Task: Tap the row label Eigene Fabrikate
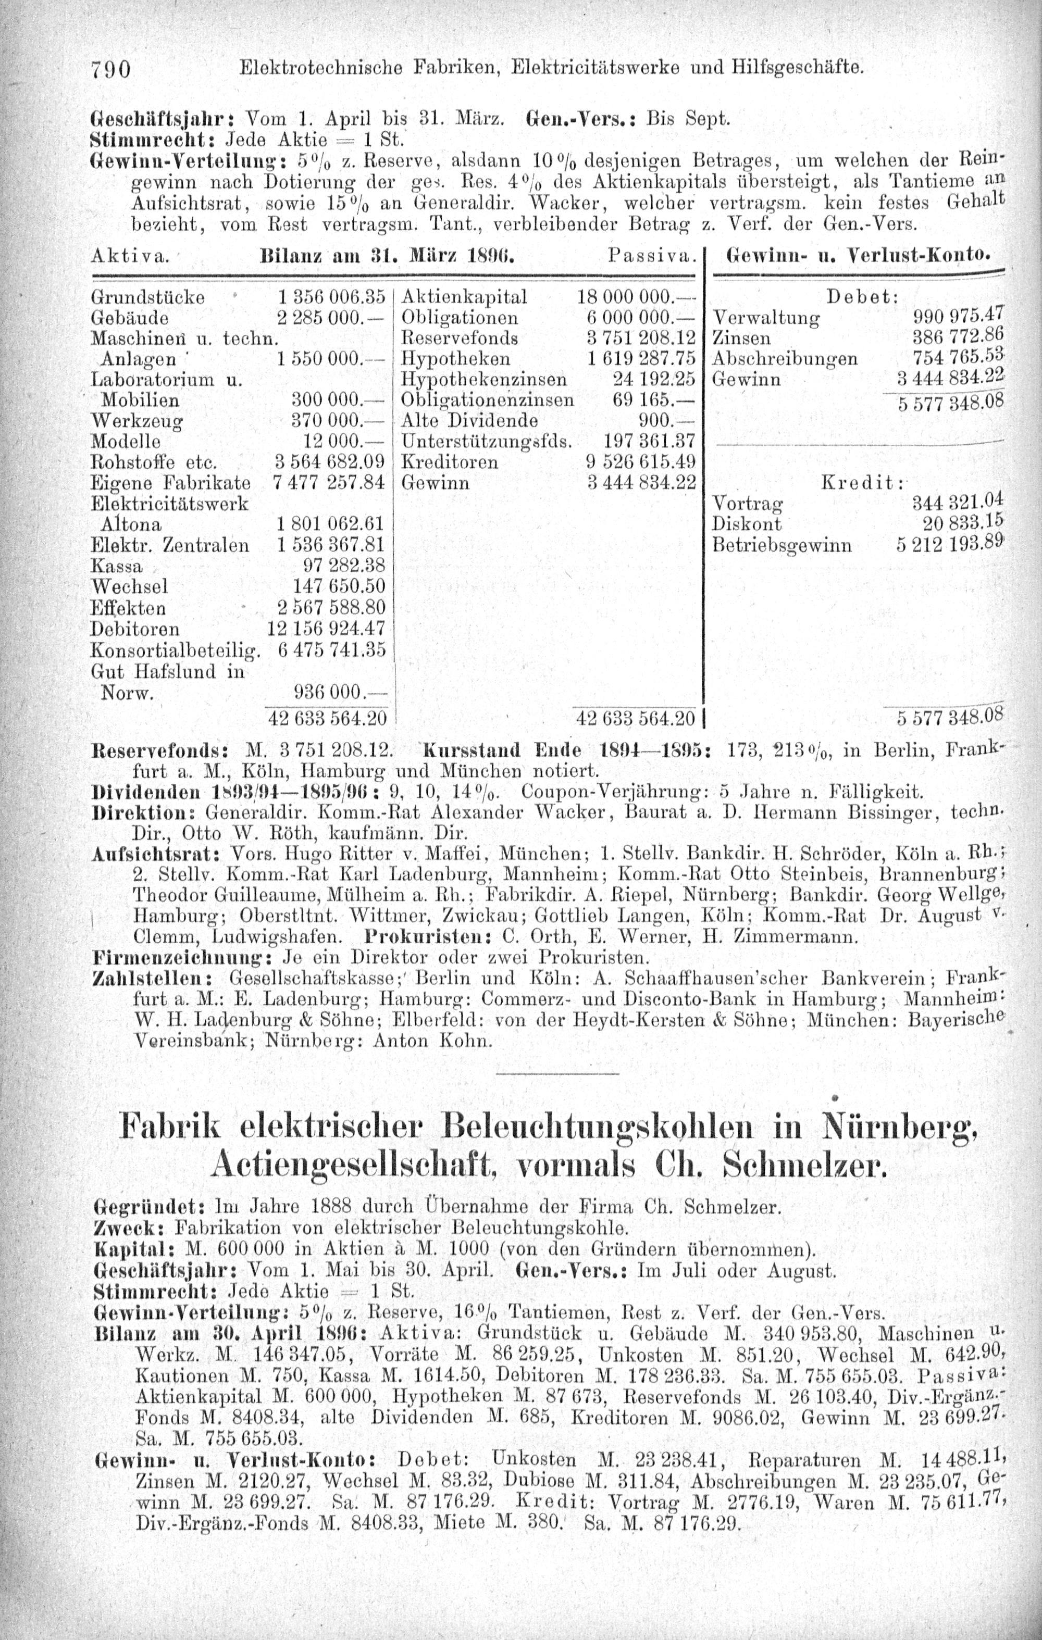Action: [x=170, y=483]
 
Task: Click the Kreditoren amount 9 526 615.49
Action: [x=641, y=462]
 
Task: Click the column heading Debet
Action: [x=862, y=297]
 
